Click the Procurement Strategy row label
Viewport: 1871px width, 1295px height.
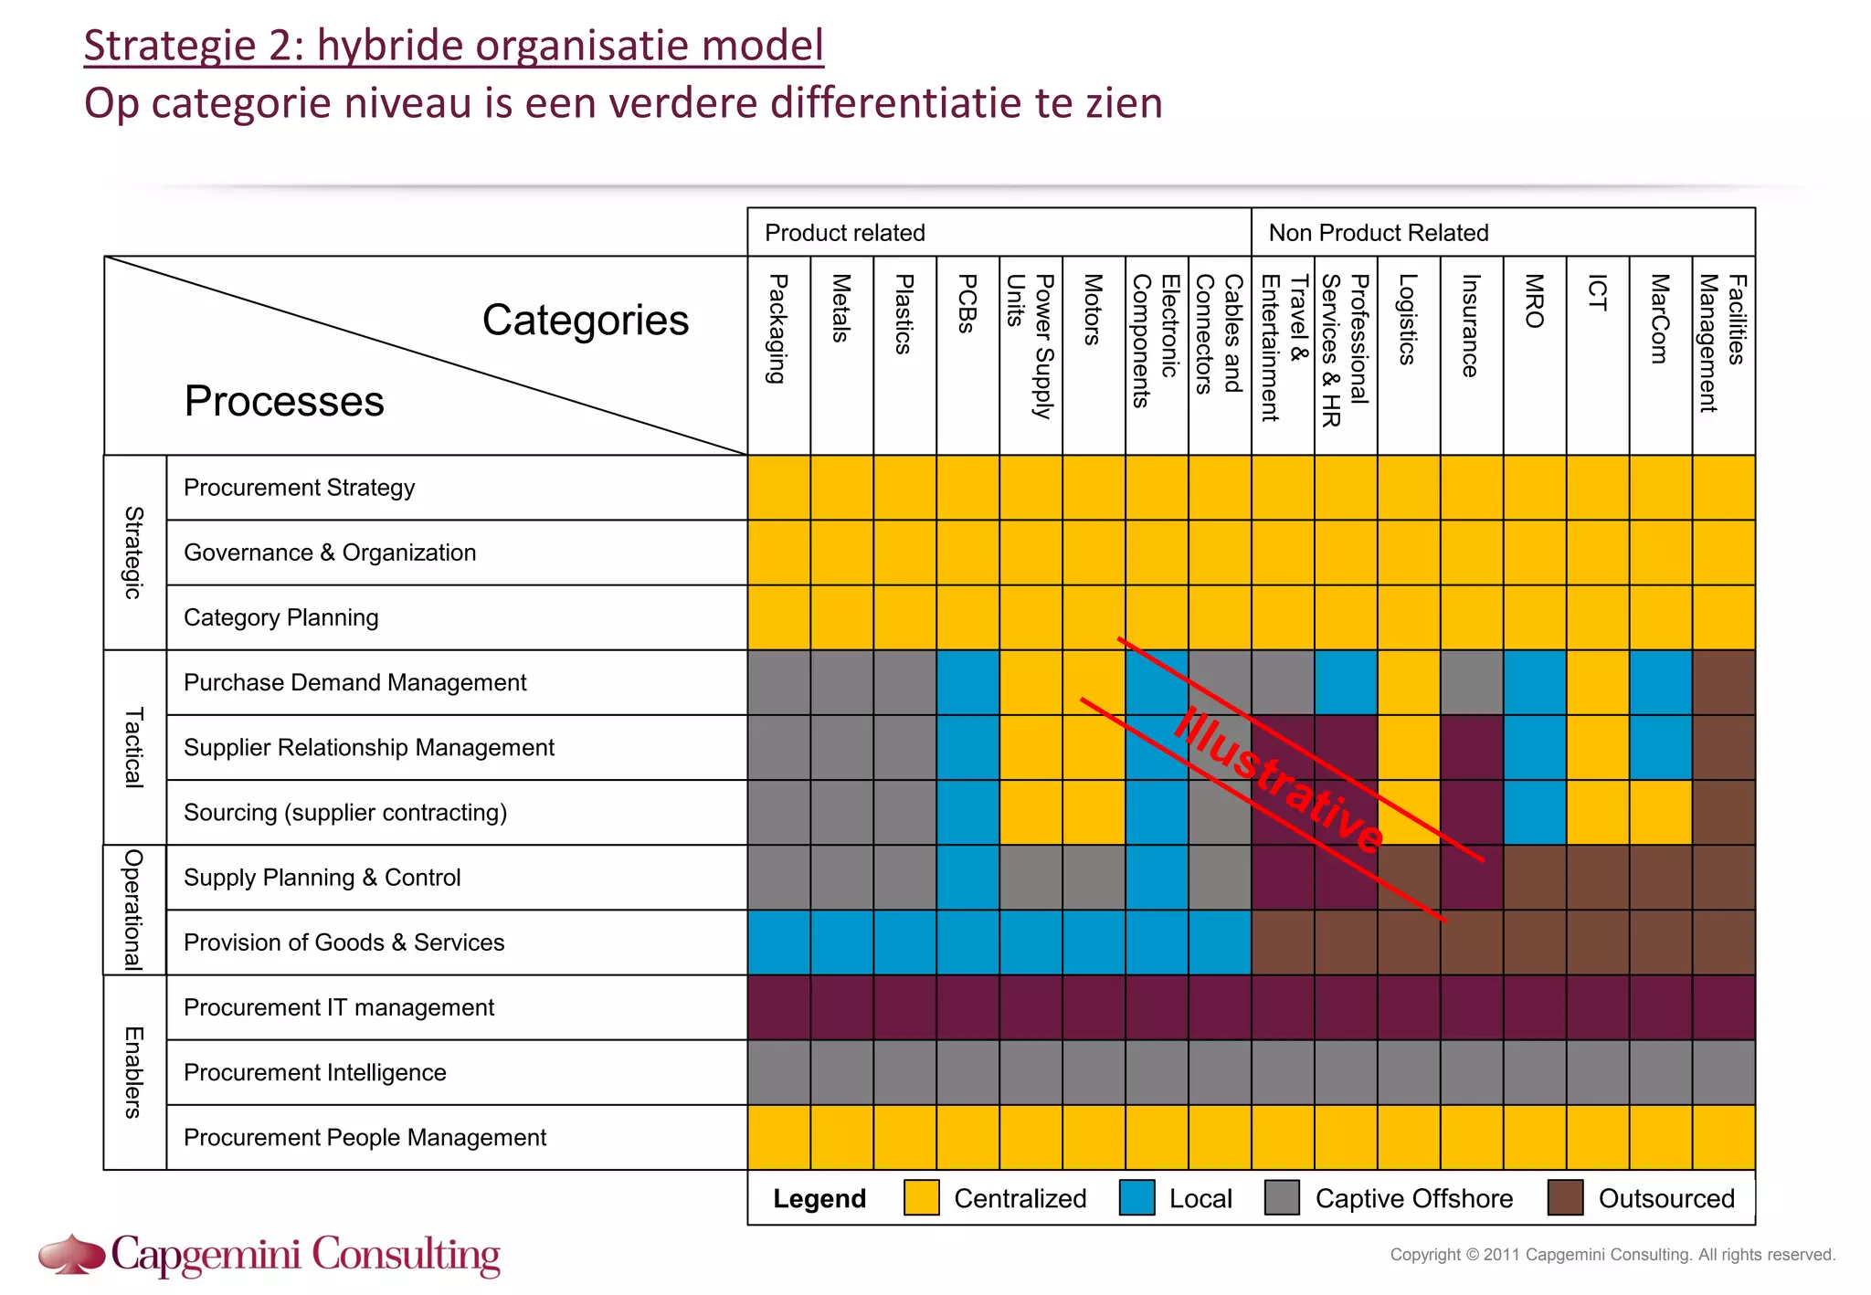click(299, 488)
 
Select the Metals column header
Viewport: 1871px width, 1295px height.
click(841, 309)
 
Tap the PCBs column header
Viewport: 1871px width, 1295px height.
click(967, 303)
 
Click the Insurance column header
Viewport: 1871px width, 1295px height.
click(1471, 325)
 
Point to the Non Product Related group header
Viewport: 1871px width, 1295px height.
click(1378, 233)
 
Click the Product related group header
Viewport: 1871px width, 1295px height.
click(844, 233)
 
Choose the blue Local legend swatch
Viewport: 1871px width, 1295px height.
click(1136, 1197)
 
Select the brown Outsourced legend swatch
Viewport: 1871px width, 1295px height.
click(1565, 1197)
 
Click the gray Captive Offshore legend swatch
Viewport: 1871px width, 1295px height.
click(1282, 1197)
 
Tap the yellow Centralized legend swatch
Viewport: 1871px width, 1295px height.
click(921, 1197)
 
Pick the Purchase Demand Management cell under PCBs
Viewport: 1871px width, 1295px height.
click(967, 682)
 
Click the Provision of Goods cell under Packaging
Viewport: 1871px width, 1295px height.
click(778, 942)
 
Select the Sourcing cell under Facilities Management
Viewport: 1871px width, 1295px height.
click(1723, 812)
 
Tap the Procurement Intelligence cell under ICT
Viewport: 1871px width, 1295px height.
click(1597, 1072)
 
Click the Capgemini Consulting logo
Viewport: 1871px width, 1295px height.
click(270, 1255)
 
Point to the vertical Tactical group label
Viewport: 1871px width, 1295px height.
click(134, 747)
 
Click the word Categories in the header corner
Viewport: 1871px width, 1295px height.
click(585, 321)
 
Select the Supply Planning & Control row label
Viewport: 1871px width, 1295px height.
click(322, 878)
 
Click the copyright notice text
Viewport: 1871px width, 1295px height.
click(1612, 1255)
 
